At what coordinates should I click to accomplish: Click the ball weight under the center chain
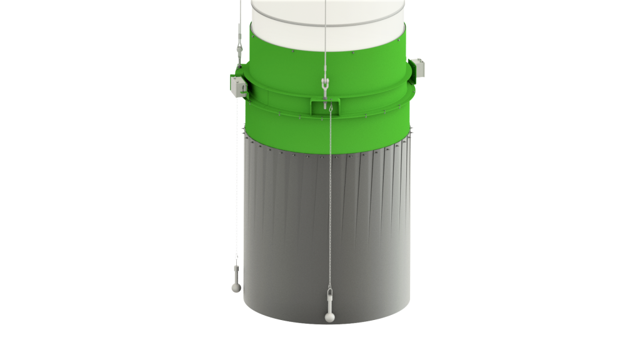(329, 317)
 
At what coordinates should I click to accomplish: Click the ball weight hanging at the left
(236, 286)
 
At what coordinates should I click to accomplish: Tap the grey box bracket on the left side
(236, 86)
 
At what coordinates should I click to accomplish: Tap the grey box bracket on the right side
(419, 67)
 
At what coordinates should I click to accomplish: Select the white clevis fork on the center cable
(324, 84)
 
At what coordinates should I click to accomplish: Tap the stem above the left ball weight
(236, 273)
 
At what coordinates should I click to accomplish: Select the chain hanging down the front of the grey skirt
(327, 200)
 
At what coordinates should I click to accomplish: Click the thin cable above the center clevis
(325, 37)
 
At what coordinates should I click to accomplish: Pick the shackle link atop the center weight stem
(329, 291)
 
